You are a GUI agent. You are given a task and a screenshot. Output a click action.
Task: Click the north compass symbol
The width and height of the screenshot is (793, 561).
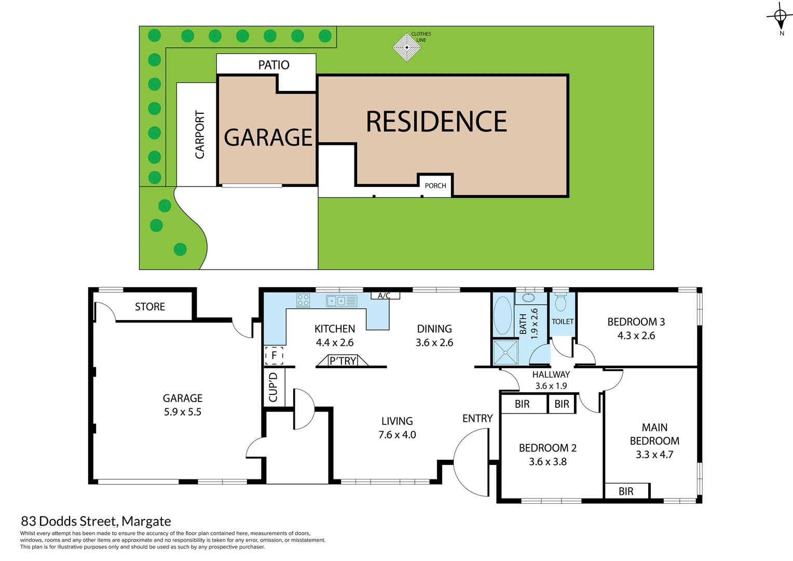[780, 17]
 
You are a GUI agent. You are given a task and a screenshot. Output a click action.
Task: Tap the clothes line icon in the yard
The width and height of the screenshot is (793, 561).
[406, 47]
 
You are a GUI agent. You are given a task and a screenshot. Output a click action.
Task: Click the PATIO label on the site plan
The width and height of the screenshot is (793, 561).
[274, 65]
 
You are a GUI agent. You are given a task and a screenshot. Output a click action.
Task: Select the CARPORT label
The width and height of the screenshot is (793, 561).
[200, 134]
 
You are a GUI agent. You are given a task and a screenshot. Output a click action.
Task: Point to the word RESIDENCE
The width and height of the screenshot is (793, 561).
[436, 122]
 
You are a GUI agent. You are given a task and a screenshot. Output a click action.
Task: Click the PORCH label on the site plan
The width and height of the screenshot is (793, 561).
[435, 185]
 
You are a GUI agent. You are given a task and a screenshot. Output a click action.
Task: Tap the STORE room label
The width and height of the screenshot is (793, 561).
[150, 307]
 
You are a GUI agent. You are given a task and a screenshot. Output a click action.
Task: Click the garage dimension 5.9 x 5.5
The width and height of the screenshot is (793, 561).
[182, 412]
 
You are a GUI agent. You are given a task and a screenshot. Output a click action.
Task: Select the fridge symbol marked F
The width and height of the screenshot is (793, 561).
[274, 355]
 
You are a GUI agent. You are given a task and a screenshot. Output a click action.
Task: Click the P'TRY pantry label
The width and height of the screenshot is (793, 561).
[343, 361]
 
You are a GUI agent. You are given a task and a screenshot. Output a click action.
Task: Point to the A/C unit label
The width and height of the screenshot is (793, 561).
[384, 296]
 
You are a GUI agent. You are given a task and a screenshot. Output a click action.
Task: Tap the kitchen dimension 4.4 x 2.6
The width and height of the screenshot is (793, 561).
[335, 343]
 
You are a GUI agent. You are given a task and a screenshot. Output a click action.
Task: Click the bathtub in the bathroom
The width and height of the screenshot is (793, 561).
[502, 315]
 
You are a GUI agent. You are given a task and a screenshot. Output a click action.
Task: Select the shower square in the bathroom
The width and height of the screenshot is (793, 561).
[505, 353]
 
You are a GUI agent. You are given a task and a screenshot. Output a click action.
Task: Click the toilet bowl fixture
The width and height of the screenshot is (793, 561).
[560, 302]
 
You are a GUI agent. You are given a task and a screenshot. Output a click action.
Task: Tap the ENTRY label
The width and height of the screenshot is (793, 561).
[477, 419]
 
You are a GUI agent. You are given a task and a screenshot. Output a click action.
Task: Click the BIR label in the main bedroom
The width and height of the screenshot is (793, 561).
[626, 491]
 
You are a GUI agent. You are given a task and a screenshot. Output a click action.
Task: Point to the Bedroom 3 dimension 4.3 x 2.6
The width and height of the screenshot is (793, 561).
[636, 336]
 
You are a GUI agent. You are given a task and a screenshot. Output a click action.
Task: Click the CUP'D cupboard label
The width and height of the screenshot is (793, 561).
[274, 387]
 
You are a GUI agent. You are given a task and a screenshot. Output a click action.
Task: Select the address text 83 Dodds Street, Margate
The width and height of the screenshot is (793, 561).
[96, 521]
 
